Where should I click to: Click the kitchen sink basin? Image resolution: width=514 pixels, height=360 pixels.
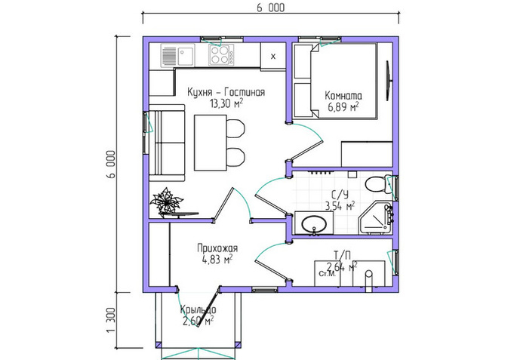[185, 56]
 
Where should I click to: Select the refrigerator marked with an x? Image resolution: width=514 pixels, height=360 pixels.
[273, 56]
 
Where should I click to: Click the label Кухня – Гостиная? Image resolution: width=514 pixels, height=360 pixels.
[226, 92]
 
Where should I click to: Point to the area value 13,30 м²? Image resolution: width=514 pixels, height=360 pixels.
[226, 103]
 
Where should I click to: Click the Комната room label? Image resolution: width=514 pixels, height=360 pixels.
[343, 96]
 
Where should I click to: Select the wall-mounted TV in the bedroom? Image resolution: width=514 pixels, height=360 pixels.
[389, 81]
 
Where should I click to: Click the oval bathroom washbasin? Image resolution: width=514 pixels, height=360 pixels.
[314, 224]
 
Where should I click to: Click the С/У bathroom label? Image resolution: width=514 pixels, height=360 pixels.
[340, 195]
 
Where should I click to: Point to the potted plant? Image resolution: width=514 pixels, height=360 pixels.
[166, 202]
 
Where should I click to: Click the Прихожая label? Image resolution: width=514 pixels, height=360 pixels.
[217, 248]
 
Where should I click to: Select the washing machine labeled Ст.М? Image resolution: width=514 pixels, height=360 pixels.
[327, 273]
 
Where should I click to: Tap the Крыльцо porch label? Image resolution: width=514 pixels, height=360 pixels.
[198, 309]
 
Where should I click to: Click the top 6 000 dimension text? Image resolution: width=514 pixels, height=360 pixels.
[270, 8]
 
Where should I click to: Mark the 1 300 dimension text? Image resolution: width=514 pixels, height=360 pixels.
[111, 320]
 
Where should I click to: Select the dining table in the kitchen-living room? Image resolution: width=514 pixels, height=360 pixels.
[210, 143]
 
